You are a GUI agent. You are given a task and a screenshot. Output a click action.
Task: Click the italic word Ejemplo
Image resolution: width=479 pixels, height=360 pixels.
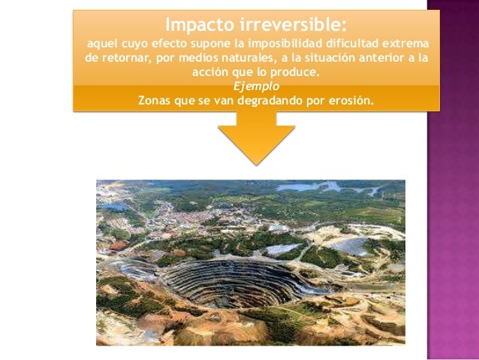pyautogui.click(x=257, y=86)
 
